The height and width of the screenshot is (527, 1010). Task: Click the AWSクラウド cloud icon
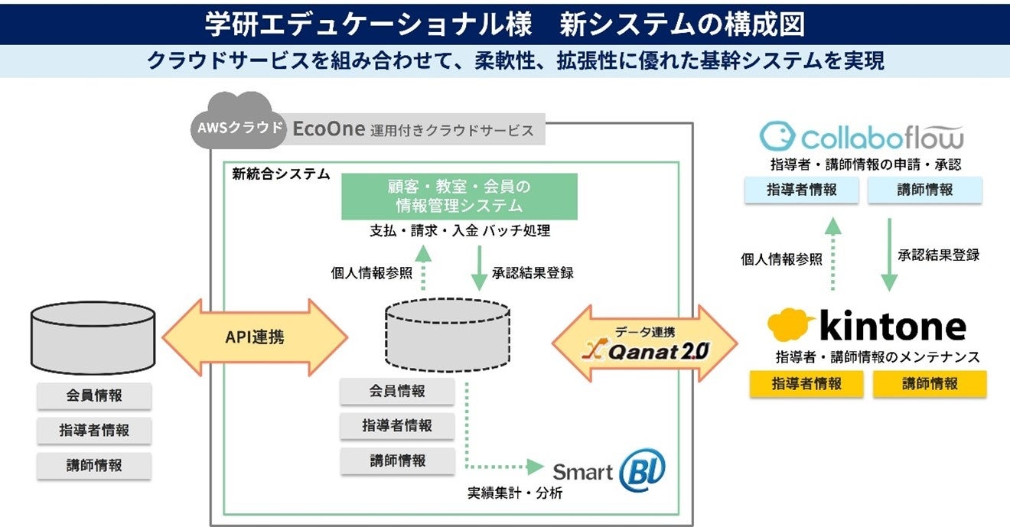(239, 121)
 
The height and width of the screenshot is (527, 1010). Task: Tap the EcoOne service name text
(329, 129)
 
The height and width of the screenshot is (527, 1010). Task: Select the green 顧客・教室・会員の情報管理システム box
(459, 197)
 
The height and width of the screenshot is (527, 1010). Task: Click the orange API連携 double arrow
(255, 337)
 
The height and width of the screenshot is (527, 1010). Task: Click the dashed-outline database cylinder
(448, 335)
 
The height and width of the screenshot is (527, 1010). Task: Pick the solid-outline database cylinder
(93, 338)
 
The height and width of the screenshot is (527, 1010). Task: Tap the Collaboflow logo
(862, 136)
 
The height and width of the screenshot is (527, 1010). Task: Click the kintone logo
(867, 325)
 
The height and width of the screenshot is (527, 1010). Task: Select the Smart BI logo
(609, 470)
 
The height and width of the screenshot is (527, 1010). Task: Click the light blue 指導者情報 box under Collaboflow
(802, 190)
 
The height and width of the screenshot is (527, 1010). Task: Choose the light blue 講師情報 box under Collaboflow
(925, 190)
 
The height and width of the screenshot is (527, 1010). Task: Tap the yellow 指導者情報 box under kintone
(806, 384)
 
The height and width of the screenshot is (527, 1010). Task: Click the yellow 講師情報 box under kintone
(930, 384)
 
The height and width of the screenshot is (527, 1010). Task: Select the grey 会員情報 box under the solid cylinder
(94, 395)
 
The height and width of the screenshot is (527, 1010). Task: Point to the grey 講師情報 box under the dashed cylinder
(397, 460)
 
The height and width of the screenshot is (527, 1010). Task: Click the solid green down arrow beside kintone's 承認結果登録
(889, 255)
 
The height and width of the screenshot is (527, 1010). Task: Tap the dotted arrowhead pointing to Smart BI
(536, 467)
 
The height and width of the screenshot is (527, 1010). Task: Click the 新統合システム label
(281, 174)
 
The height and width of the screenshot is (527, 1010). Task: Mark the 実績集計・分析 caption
(515, 493)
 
